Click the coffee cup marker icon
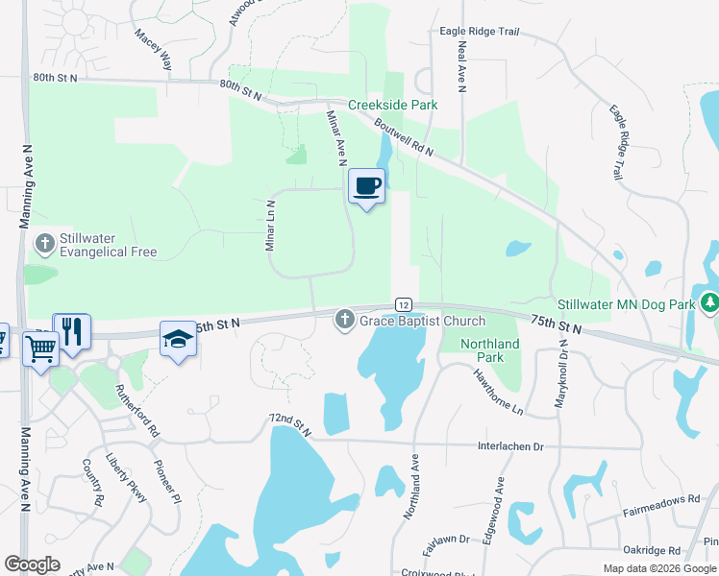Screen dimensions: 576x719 tap(366, 184)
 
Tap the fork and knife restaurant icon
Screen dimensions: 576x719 tap(71, 331)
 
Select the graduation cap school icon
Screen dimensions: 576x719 tap(178, 338)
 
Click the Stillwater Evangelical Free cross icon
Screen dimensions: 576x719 tap(44, 244)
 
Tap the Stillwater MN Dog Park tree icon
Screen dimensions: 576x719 tap(709, 303)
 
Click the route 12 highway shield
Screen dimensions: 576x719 tap(404, 303)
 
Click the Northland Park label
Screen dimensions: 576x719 tap(489, 350)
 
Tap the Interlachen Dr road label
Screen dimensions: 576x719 tap(510, 446)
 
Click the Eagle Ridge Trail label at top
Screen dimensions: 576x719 tap(479, 32)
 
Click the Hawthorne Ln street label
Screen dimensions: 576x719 tap(497, 394)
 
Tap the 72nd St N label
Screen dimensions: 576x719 tap(289, 425)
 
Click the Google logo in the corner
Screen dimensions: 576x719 tap(32, 564)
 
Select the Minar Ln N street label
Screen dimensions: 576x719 tap(271, 226)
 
